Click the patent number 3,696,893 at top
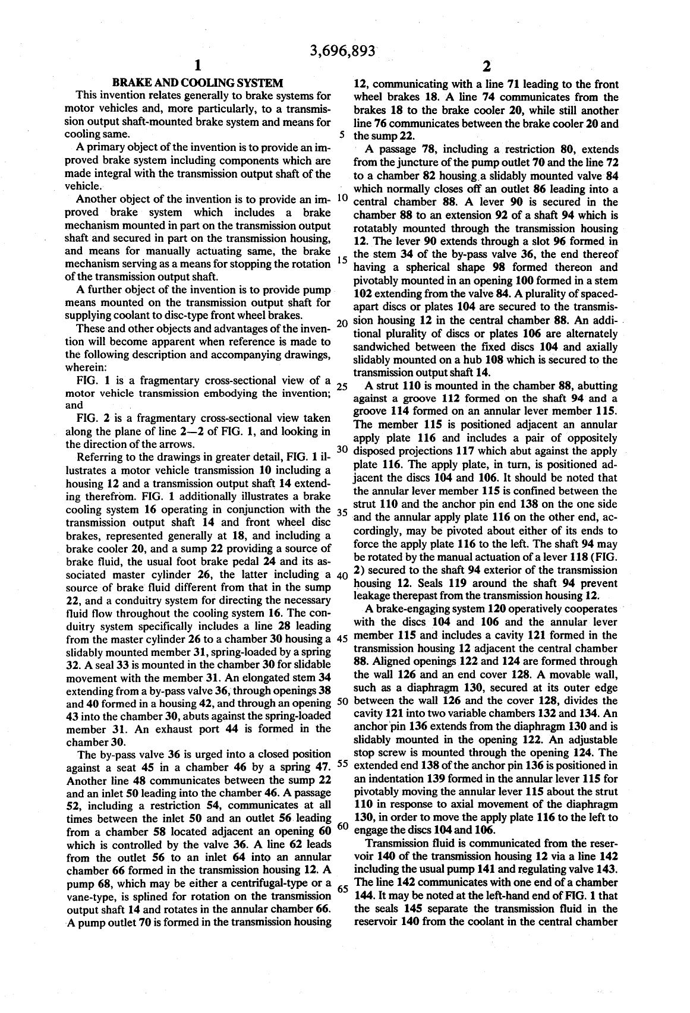pos(343,52)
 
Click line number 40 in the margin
pos(341,575)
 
